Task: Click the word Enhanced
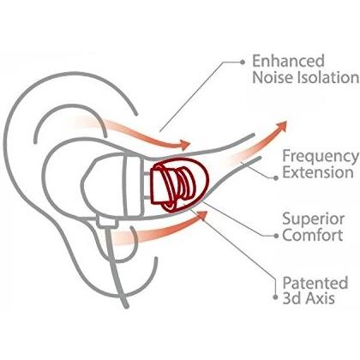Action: pyautogui.click(x=288, y=61)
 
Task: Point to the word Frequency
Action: pyautogui.click(x=321, y=158)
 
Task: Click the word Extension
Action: pyautogui.click(x=318, y=172)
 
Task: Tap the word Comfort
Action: pyautogui.click(x=313, y=235)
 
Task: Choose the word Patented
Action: pyautogui.click(x=315, y=283)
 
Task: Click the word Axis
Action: pyautogui.click(x=320, y=298)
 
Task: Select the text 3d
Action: pyautogui.click(x=291, y=298)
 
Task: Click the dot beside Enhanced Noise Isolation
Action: pyautogui.click(x=243, y=62)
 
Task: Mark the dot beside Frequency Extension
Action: pyautogui.click(x=276, y=177)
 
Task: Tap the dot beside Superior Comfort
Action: pyautogui.click(x=276, y=236)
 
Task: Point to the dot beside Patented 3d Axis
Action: pyautogui.click(x=275, y=297)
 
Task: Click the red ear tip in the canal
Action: pyautogui.click(x=179, y=185)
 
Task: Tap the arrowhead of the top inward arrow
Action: pyautogui.click(x=185, y=145)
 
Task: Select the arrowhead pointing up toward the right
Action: pyautogui.click(x=281, y=126)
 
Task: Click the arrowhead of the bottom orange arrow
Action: pyautogui.click(x=201, y=216)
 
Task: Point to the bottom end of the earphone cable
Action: pyautogui.click(x=126, y=307)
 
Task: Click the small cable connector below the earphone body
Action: pyautogui.click(x=107, y=222)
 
